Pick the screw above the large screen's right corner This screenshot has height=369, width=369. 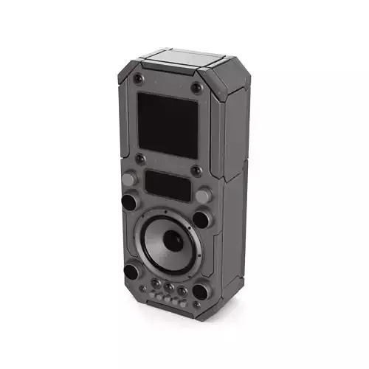pyautogui.click(x=196, y=88)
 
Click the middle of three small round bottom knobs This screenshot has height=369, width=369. pyautogui.click(x=170, y=287)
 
